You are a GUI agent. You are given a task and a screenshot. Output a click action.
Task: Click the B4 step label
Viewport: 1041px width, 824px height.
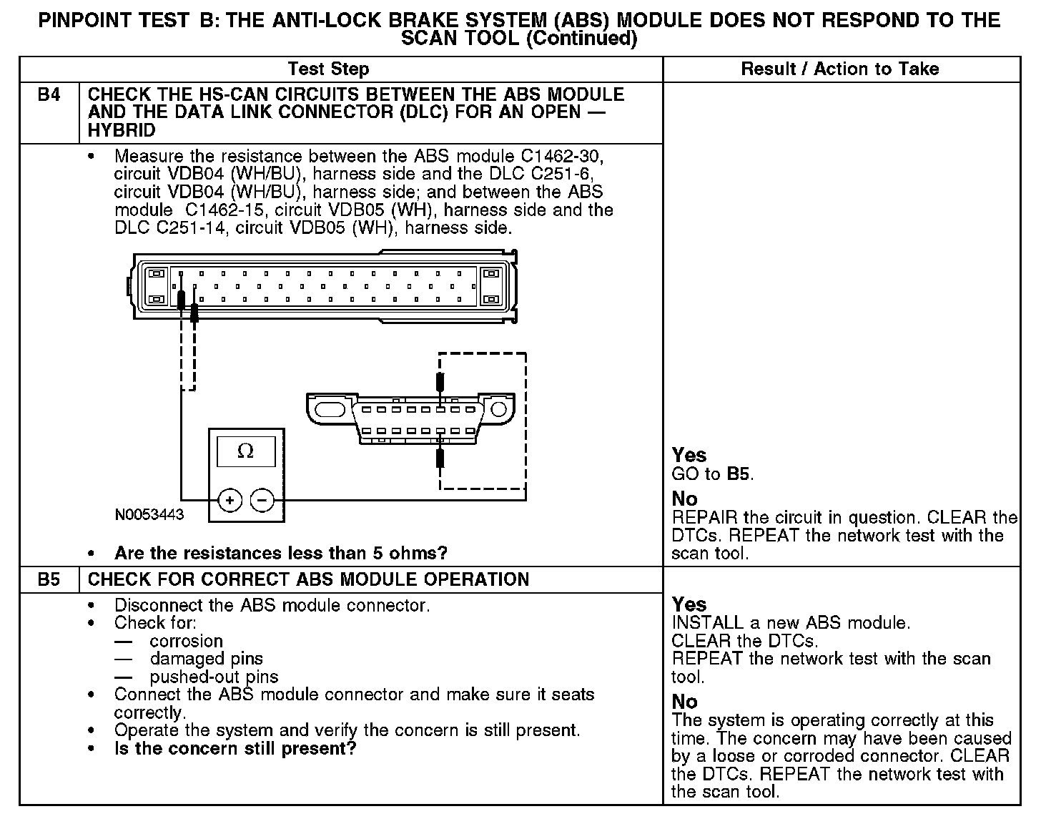[x=48, y=94]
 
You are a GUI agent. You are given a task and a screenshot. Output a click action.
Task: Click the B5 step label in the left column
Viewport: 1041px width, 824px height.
[x=48, y=579]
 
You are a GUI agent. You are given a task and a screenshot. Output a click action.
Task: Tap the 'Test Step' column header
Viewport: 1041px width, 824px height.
[x=328, y=69]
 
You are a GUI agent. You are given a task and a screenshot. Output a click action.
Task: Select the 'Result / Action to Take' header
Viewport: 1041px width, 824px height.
[x=839, y=69]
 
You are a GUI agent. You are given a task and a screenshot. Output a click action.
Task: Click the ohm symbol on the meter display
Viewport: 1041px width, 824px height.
[x=245, y=451]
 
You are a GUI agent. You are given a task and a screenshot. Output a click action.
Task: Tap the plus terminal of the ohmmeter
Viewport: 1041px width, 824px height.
[x=230, y=501]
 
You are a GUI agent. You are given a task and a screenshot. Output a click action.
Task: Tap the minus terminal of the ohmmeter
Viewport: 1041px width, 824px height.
[x=263, y=501]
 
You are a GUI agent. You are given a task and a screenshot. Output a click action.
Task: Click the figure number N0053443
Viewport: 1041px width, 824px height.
[x=149, y=515]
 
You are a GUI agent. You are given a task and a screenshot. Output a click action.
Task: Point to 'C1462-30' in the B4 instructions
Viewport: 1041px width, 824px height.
[x=573, y=156]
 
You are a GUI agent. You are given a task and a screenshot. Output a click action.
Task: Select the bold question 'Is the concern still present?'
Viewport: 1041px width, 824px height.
[x=235, y=749]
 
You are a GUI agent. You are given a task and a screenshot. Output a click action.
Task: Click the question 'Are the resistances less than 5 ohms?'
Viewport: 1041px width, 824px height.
[x=280, y=553]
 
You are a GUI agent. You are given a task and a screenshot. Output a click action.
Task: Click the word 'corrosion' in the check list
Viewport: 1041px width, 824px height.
[x=186, y=641]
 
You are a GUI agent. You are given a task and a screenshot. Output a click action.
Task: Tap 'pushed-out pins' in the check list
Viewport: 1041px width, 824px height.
[x=214, y=677]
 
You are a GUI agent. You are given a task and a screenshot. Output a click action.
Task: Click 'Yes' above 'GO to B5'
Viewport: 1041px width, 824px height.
[x=689, y=455]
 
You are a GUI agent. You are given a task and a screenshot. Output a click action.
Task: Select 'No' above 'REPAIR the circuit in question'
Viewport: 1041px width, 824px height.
[x=684, y=499]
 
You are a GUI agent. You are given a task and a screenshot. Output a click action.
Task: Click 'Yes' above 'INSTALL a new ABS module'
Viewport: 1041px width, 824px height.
[x=689, y=604]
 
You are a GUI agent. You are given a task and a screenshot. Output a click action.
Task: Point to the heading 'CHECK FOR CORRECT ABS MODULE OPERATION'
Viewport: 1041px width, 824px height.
[x=308, y=579]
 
